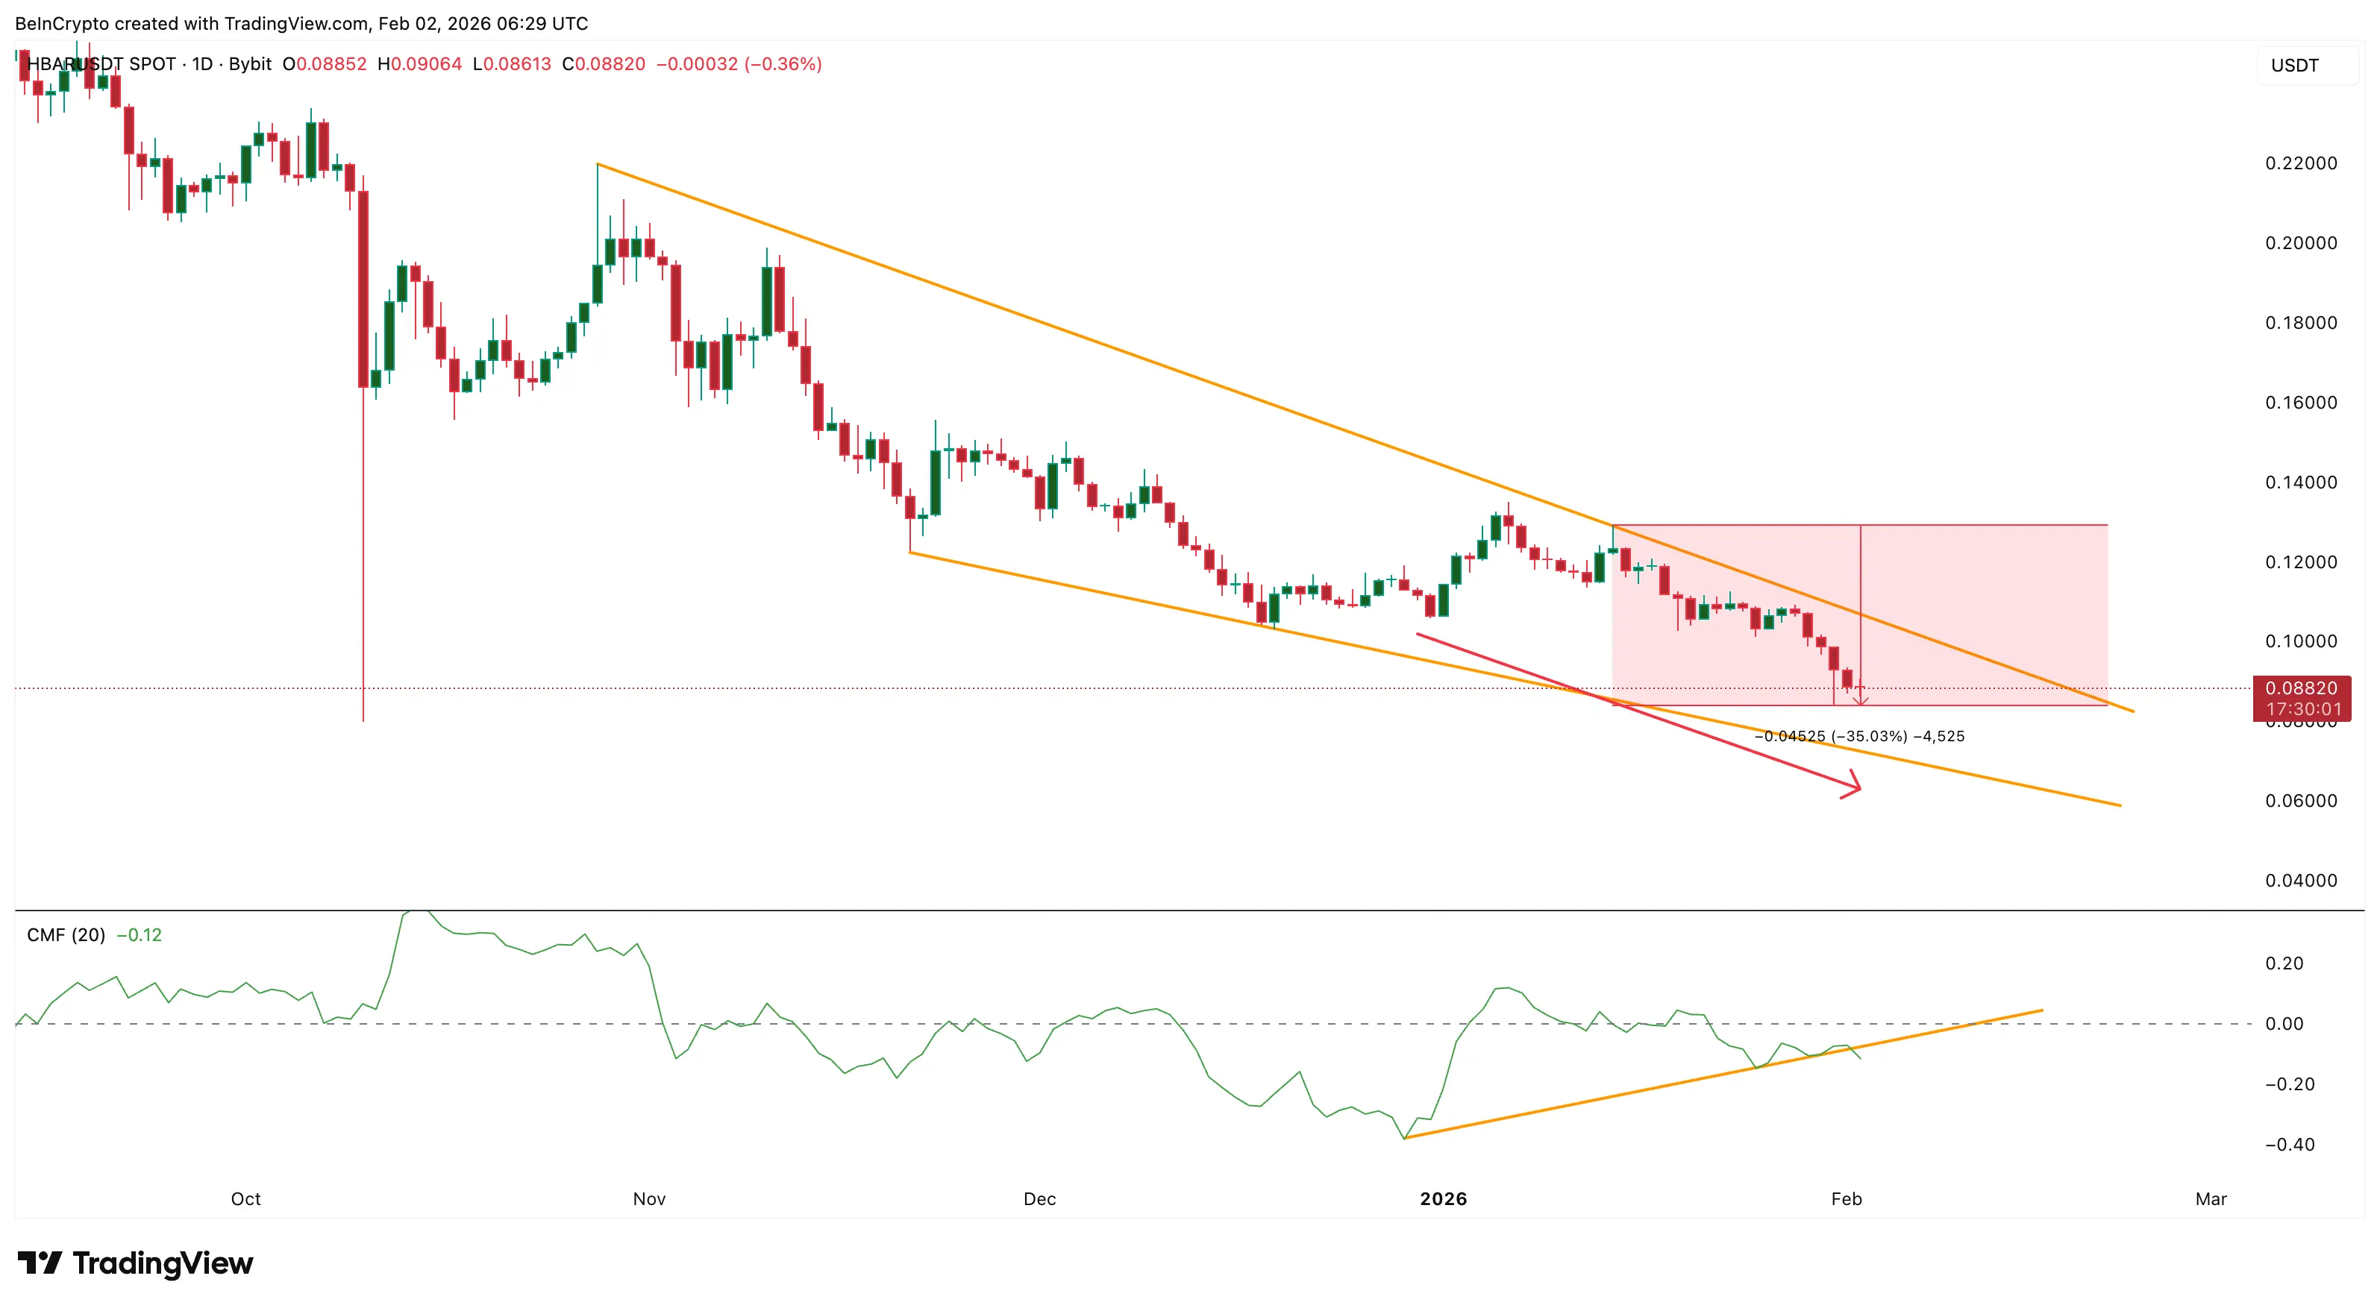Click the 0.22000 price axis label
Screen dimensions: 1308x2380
tap(2301, 163)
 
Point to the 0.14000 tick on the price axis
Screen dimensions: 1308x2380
tap(2301, 482)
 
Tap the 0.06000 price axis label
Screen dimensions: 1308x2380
tap(2301, 801)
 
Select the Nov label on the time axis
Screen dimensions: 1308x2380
tap(648, 1199)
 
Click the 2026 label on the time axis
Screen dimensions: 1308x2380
tap(1443, 1199)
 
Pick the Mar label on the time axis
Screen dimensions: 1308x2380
tap(2211, 1199)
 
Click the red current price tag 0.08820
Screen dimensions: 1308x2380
tap(2301, 688)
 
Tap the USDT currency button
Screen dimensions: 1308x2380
tap(2295, 66)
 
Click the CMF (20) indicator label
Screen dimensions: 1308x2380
tap(66, 935)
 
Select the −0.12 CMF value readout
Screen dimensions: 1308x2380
tap(139, 935)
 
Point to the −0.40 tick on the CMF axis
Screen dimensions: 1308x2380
tap(2290, 1145)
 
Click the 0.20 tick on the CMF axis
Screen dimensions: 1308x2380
tap(2284, 963)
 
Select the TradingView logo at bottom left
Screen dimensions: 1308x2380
tap(135, 1263)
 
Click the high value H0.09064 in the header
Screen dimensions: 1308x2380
tap(419, 63)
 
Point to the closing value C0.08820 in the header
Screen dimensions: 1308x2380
tap(604, 63)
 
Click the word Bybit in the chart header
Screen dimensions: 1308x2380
tap(249, 63)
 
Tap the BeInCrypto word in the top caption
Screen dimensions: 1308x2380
tap(62, 23)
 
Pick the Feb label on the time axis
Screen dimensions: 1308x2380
tap(1846, 1199)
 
